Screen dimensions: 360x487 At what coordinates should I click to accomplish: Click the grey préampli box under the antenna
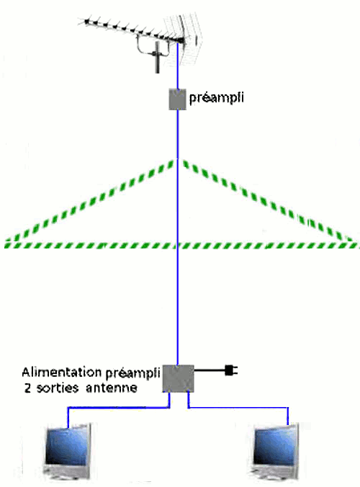coord(177,99)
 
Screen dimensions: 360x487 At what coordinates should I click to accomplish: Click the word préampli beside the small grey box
coord(216,97)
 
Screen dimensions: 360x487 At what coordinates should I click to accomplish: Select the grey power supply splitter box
coord(178,378)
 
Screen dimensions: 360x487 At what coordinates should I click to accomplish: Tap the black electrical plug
coord(230,370)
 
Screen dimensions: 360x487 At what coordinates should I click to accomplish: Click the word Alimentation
coord(62,372)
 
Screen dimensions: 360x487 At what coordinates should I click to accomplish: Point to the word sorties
coord(58,388)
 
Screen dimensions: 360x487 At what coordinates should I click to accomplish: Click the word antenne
coord(112,388)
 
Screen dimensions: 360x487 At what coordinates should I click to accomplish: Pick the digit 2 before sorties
coord(27,388)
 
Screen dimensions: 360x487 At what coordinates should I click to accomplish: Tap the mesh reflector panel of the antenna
coord(184,39)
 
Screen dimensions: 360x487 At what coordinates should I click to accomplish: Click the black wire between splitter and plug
coord(210,370)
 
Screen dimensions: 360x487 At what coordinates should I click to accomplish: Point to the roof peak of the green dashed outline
coord(178,160)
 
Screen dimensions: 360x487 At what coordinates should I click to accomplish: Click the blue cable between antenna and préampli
coord(178,66)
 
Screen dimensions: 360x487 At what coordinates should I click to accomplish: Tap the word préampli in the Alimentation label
coord(132,373)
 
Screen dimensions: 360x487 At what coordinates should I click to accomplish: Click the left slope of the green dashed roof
coord(90,201)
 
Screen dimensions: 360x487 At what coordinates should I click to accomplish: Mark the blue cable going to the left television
coord(119,407)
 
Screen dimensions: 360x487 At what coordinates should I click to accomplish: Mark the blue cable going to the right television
coord(238,407)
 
